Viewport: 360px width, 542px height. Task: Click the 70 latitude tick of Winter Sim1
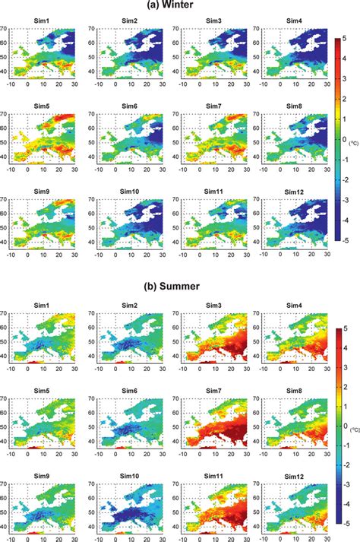[x=6, y=30]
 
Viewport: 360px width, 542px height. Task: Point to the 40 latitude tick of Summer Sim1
[x=6, y=356]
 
